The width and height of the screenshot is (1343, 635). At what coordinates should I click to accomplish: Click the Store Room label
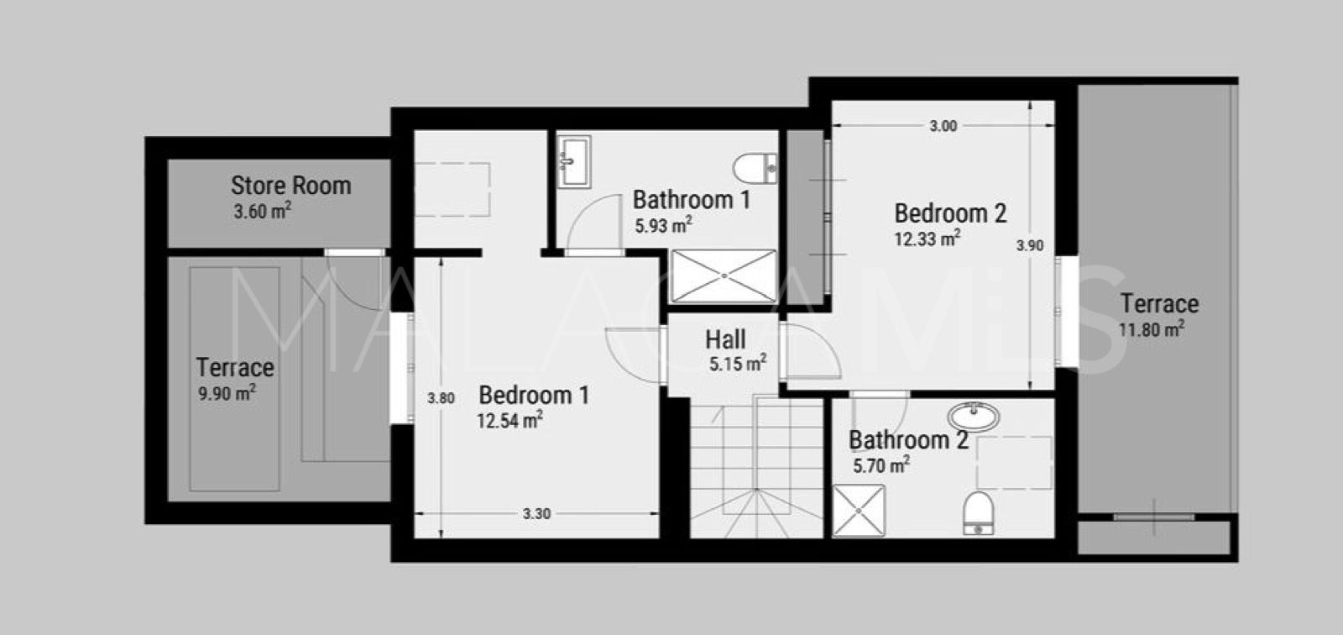click(290, 185)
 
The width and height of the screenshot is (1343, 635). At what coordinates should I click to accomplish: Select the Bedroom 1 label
click(534, 395)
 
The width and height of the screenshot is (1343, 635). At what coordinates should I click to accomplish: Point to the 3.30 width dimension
click(536, 513)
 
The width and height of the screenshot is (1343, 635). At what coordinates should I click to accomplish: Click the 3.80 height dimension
click(441, 398)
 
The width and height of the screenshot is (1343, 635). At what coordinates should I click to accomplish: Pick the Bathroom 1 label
click(691, 200)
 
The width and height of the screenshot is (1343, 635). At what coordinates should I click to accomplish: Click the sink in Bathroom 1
click(574, 160)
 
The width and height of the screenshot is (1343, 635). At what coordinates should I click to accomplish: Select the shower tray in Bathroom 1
click(725, 276)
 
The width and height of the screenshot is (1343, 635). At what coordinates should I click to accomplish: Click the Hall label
click(725, 340)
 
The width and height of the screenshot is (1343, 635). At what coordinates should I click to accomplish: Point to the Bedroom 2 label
click(950, 213)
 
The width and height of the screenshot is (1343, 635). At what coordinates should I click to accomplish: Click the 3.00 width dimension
click(943, 127)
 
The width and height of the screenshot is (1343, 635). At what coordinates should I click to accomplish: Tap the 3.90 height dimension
click(1030, 245)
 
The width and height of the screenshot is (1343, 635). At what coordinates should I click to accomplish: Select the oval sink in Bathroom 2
click(974, 415)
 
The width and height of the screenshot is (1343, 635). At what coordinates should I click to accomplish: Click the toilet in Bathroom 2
click(978, 512)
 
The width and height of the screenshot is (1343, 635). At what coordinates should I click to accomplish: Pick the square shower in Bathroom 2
click(858, 511)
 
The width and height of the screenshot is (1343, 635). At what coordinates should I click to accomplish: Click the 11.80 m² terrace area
click(1152, 329)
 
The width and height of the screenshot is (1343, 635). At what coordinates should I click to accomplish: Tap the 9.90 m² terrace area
click(227, 394)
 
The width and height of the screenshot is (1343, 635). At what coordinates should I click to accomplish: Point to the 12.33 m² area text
click(927, 239)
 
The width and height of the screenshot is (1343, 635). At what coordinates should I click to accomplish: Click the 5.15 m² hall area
click(737, 365)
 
